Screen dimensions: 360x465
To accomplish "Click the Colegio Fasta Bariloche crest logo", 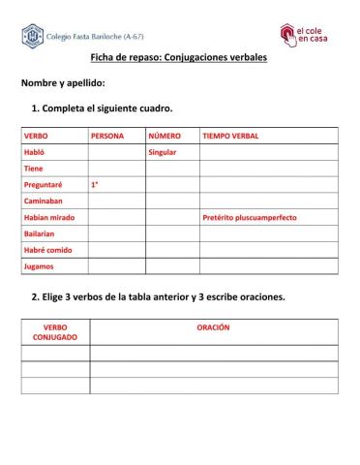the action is click(x=32, y=39).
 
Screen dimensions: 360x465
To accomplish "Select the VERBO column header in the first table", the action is click(x=36, y=137).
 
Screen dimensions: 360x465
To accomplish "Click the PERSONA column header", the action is click(x=107, y=137).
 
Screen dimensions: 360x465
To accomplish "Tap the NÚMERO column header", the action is click(x=165, y=137).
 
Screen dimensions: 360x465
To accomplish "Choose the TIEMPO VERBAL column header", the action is click(x=229, y=137).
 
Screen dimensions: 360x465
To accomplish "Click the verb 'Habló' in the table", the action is click(x=35, y=153).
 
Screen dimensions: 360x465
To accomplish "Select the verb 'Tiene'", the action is click(x=34, y=169).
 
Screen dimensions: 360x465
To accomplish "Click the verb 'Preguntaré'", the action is click(x=43, y=185).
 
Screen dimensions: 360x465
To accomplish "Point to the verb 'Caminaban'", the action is click(x=43, y=201).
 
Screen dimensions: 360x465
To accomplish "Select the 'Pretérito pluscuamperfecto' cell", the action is click(x=250, y=218).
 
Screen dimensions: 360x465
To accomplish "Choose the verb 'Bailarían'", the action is click(x=40, y=233).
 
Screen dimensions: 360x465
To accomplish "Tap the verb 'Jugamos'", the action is click(x=39, y=266).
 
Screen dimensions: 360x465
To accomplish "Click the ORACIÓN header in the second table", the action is click(x=213, y=327).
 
